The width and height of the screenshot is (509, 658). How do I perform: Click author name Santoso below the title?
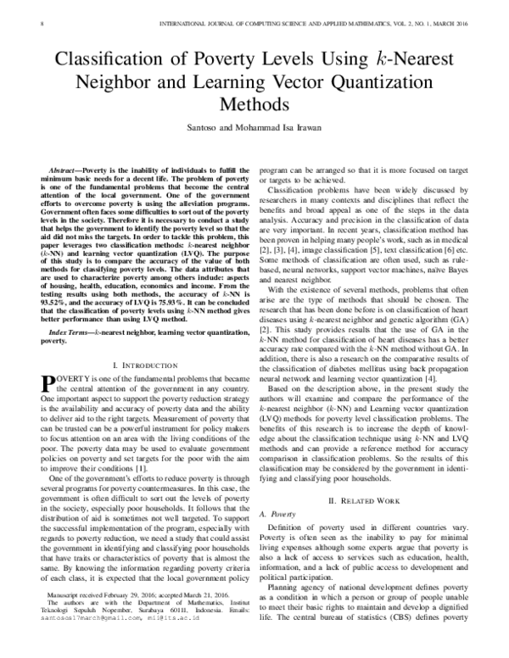pos(201,127)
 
